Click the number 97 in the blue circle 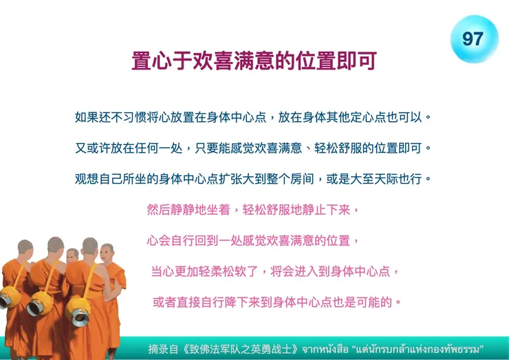[473, 39]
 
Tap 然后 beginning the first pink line [159, 209]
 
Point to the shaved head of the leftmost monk [25, 246]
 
